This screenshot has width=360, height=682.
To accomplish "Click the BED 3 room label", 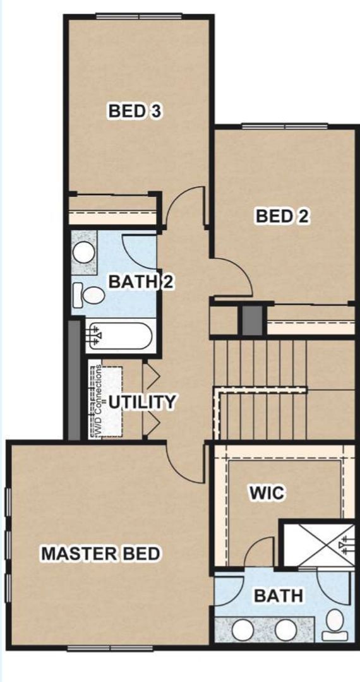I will pyautogui.click(x=135, y=112).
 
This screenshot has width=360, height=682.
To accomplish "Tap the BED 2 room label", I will pyautogui.click(x=282, y=216).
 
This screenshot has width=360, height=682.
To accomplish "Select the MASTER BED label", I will pyautogui.click(x=101, y=554).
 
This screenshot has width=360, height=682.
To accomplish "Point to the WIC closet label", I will pyautogui.click(x=265, y=493).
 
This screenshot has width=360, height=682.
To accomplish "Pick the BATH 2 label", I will pyautogui.click(x=140, y=282).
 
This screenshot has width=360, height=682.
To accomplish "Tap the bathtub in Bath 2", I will pyautogui.click(x=120, y=335).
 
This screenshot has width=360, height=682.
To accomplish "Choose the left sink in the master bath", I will pyautogui.click(x=243, y=630).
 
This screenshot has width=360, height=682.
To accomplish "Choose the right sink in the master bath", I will pyautogui.click(x=285, y=630).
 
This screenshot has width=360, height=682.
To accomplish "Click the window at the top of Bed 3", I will pyautogui.click(x=140, y=16).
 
